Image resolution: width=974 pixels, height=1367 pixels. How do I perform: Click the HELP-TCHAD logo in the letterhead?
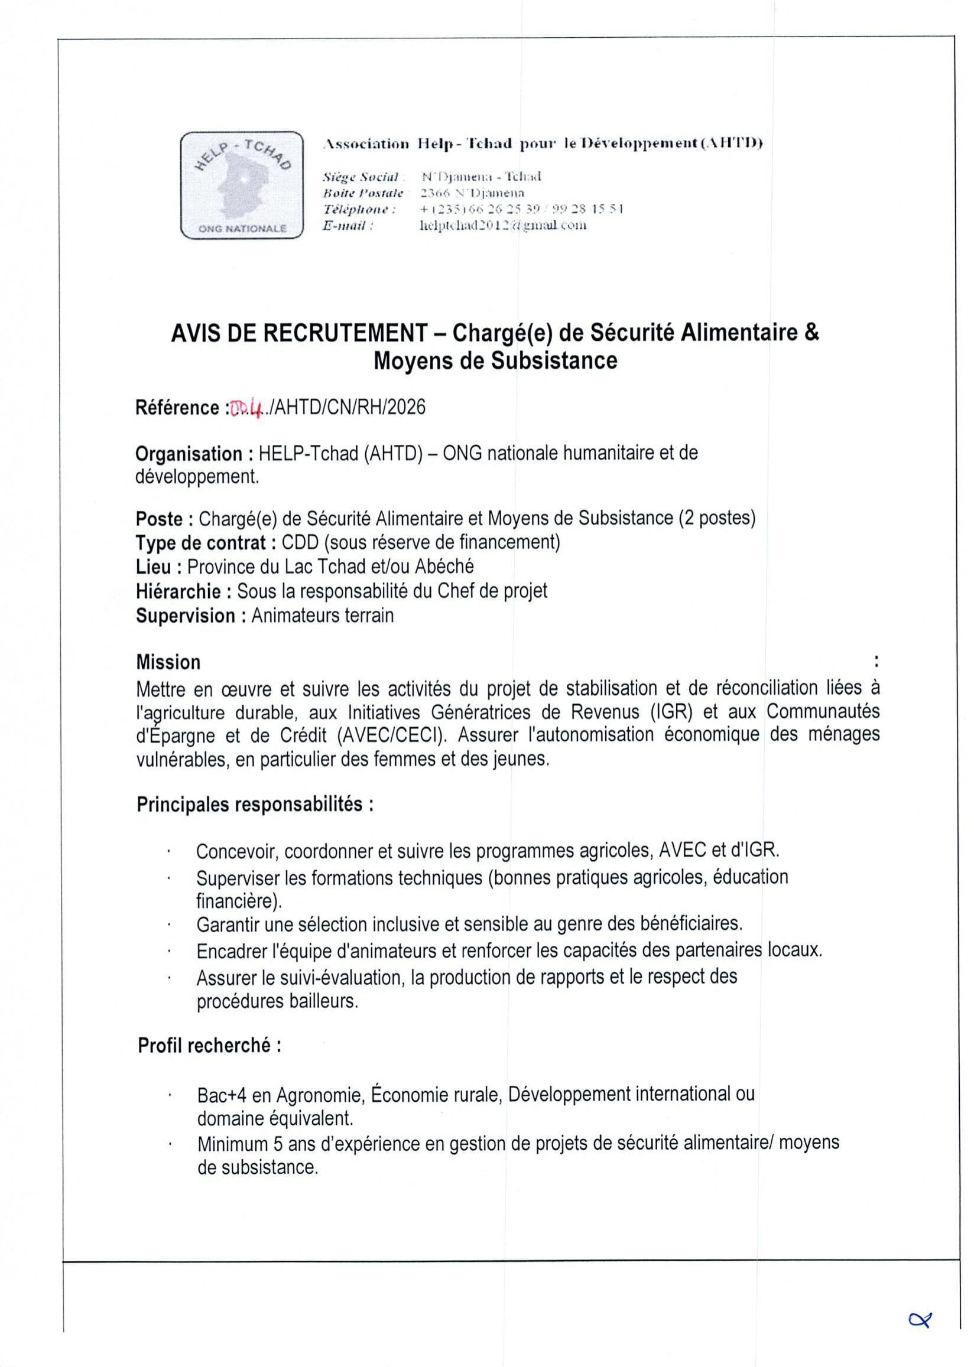pos(242,185)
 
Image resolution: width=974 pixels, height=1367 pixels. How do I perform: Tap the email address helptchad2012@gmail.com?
pos(503,225)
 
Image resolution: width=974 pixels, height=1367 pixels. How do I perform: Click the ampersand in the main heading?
pos(811,333)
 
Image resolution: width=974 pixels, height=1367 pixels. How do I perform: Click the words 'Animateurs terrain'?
pos(323,616)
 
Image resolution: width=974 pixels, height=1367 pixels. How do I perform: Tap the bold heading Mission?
pos(168,662)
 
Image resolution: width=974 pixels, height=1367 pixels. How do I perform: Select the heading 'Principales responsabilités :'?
pos(255,803)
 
